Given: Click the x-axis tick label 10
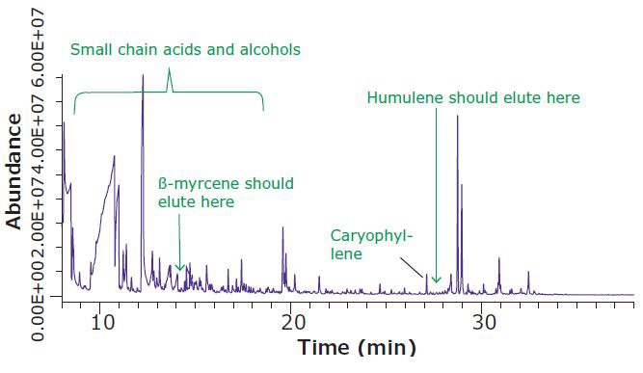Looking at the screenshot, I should [x=102, y=322].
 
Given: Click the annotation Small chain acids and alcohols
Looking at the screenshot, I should [x=184, y=49].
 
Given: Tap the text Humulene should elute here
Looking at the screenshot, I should [x=473, y=97].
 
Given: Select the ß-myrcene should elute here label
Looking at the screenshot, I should [x=226, y=192].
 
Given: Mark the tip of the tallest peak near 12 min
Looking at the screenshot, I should [x=143, y=75].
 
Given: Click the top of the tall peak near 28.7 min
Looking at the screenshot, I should [x=457, y=117].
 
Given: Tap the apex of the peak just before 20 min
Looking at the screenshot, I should [x=282, y=228].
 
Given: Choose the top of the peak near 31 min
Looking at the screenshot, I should [x=498, y=259].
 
